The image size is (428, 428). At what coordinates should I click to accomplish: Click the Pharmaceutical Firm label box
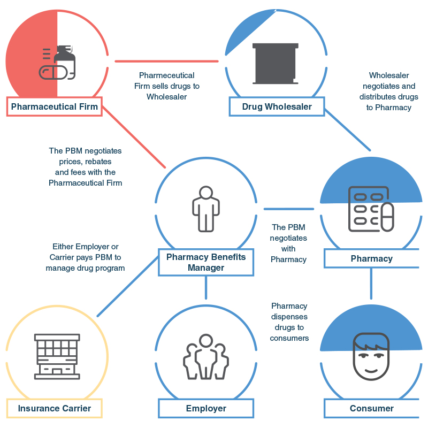click(55, 106)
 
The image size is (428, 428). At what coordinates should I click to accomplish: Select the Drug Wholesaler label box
click(277, 106)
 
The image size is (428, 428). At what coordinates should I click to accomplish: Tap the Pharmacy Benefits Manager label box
click(206, 262)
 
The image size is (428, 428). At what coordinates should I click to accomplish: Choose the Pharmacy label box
click(371, 259)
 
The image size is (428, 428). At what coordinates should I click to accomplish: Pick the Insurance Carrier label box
click(55, 408)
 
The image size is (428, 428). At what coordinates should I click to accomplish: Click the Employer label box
click(206, 408)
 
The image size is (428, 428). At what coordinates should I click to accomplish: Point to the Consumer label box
click(371, 408)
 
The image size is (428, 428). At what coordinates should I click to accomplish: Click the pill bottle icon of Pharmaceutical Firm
click(58, 63)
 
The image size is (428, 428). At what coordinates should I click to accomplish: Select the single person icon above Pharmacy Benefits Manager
click(206, 209)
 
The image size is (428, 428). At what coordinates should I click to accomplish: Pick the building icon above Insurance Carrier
click(57, 356)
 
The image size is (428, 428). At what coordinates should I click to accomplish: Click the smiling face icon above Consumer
click(371, 356)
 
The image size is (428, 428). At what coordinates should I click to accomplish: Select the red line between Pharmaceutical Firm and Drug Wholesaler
click(166, 62)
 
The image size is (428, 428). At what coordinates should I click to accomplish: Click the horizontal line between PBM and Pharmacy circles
click(289, 209)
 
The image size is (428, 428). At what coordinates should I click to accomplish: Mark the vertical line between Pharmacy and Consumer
click(371, 284)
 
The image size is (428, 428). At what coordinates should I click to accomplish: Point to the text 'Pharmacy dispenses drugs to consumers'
click(289, 322)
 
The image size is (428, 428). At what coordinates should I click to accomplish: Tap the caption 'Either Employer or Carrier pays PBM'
click(86, 257)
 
